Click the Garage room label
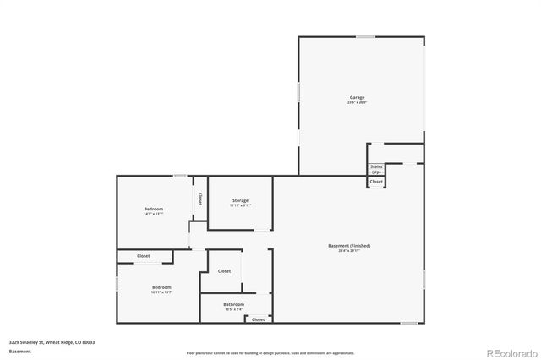click(x=358, y=97)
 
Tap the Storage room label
click(x=240, y=200)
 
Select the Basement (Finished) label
click(x=349, y=246)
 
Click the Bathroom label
click(x=234, y=304)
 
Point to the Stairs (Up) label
click(x=376, y=169)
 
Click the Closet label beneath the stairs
click(x=376, y=182)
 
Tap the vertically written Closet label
click(x=200, y=199)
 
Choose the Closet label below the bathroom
click(x=258, y=319)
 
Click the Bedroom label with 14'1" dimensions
click(x=154, y=209)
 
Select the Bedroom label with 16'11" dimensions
click(x=161, y=287)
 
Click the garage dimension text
click(x=358, y=103)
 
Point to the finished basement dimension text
click(x=349, y=251)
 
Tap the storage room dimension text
click(x=240, y=205)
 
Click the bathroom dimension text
click(x=234, y=309)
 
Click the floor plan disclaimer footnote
click(x=270, y=352)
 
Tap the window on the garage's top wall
click(x=365, y=36)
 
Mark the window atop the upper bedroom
click(x=180, y=176)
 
